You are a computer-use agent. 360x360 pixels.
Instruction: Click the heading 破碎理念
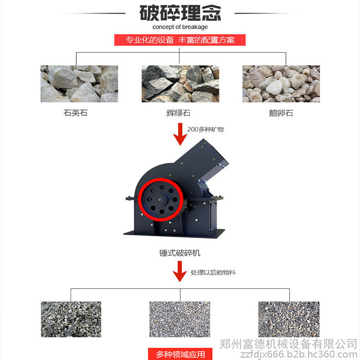180,13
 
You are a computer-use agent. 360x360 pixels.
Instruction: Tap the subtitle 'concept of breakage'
180,27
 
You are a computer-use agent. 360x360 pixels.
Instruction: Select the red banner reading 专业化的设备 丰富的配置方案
180,40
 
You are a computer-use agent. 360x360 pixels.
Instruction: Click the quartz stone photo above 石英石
79,84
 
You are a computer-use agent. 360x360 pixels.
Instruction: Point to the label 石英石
75,113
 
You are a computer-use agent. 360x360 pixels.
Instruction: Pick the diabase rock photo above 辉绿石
180,84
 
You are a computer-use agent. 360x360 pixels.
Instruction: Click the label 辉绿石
179,113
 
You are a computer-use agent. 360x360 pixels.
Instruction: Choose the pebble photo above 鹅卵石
281,84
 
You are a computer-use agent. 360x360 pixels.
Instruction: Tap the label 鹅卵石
281,113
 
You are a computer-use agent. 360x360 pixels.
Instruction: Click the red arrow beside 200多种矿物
180,134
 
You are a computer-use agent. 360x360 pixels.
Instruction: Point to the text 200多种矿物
205,130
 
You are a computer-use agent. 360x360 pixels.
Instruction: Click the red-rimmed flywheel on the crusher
161,200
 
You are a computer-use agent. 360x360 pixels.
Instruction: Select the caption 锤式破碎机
180,253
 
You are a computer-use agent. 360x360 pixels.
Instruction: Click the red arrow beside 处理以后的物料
180,271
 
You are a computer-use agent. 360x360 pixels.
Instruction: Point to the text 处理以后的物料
213,273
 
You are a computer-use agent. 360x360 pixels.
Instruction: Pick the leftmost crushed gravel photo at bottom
71,319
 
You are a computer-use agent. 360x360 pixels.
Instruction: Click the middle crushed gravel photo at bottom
180,319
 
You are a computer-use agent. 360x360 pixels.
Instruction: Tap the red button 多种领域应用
180,354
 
